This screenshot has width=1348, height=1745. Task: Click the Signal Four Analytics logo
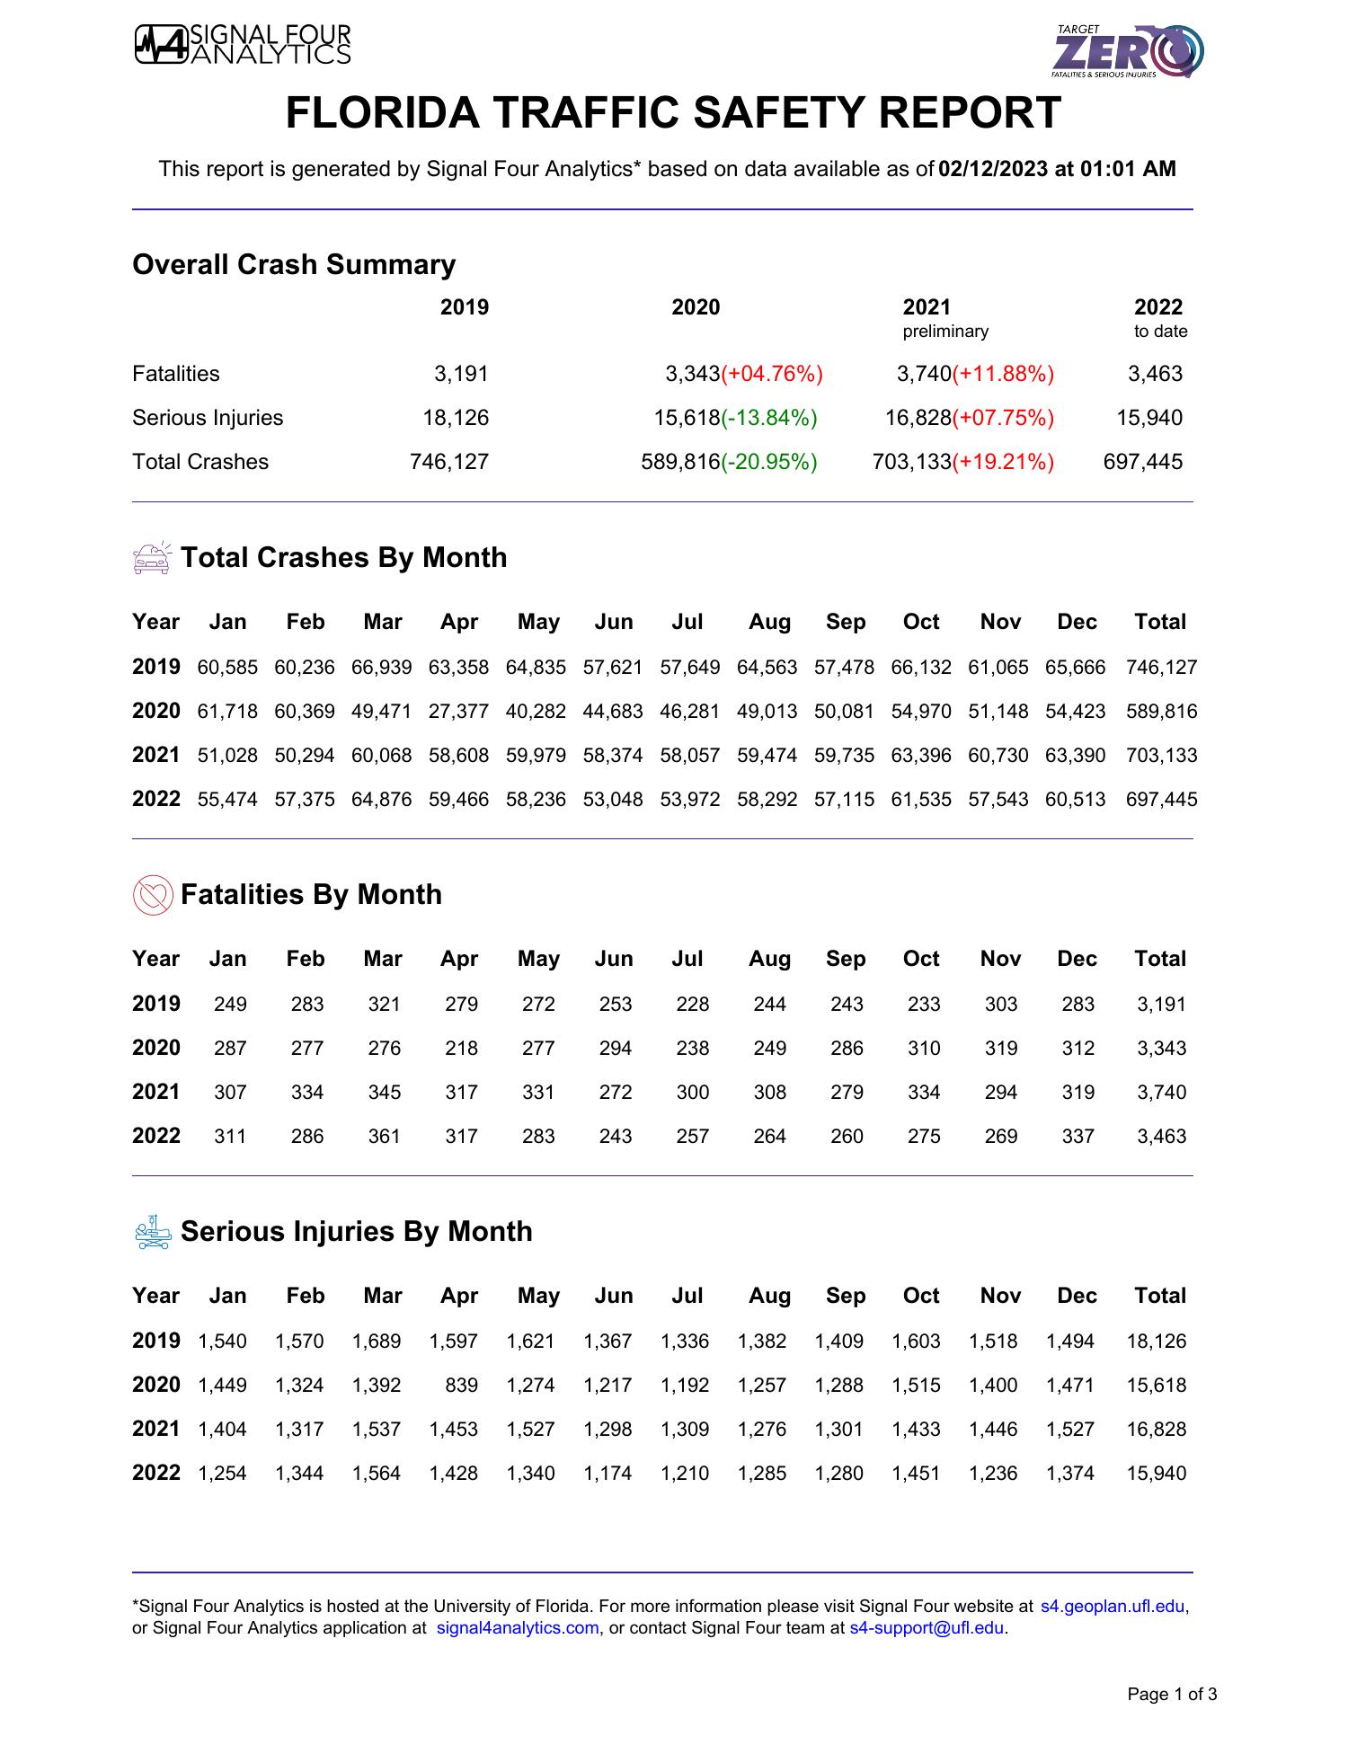click(243, 45)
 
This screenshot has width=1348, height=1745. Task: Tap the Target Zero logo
click(1129, 50)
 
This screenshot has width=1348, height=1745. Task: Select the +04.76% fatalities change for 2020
click(772, 374)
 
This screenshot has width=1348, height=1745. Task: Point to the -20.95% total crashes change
click(769, 462)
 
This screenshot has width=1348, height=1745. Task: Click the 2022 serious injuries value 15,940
click(1155, 418)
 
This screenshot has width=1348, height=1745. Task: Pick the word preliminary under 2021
click(944, 332)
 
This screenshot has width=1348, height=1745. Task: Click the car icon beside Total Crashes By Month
click(151, 558)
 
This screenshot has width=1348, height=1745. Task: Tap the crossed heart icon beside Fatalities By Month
click(152, 895)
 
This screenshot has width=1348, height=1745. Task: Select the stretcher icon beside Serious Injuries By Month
click(152, 1232)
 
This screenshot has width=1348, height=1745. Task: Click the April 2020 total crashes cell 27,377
click(458, 712)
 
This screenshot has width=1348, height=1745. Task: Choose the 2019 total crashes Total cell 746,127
click(1161, 668)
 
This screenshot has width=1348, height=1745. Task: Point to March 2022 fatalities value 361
click(384, 1137)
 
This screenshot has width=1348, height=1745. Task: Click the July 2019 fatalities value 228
click(692, 1005)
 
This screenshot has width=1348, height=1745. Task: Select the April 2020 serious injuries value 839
click(461, 1386)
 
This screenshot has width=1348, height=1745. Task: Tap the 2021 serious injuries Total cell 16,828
click(1156, 1430)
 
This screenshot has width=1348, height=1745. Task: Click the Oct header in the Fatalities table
click(920, 959)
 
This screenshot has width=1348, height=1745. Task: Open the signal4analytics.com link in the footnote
click(517, 1628)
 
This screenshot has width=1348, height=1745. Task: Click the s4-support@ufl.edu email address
click(927, 1628)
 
